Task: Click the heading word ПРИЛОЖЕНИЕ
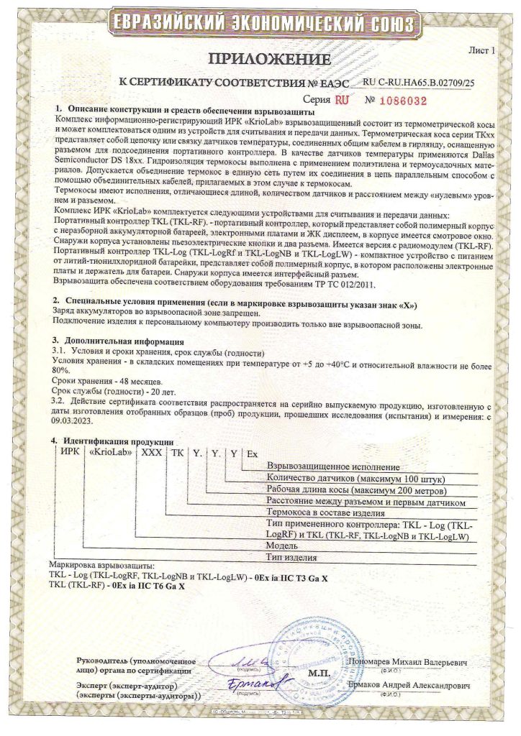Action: click(x=260, y=59)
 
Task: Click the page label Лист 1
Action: click(x=481, y=51)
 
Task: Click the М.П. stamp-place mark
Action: click(x=317, y=674)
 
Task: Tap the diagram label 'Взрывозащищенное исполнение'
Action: click(x=332, y=466)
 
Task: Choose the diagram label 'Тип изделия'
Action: click(x=291, y=556)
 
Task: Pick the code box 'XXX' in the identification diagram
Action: click(x=152, y=454)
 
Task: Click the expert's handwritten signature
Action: click(x=256, y=678)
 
